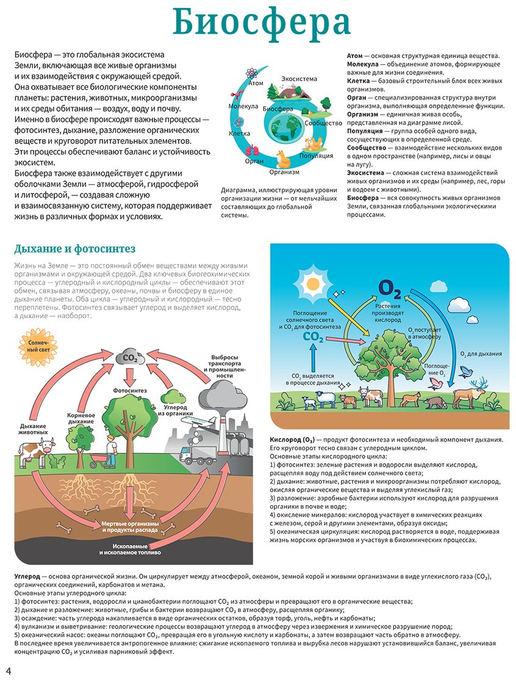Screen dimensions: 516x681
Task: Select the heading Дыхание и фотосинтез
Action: [74, 249]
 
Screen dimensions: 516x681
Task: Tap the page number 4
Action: [9, 671]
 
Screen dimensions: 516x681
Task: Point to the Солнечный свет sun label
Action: [38, 346]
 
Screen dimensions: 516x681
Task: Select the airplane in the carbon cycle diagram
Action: [202, 422]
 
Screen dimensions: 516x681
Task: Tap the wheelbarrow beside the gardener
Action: [99, 460]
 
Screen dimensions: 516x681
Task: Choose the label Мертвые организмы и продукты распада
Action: [130, 527]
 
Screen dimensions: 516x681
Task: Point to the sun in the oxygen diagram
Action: [312, 284]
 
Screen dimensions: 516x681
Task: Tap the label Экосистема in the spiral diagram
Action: [299, 79]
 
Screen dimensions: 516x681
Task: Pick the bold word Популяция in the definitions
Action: [365, 131]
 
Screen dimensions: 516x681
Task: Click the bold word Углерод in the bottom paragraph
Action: [27, 577]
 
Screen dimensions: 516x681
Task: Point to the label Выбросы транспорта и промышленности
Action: [224, 367]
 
